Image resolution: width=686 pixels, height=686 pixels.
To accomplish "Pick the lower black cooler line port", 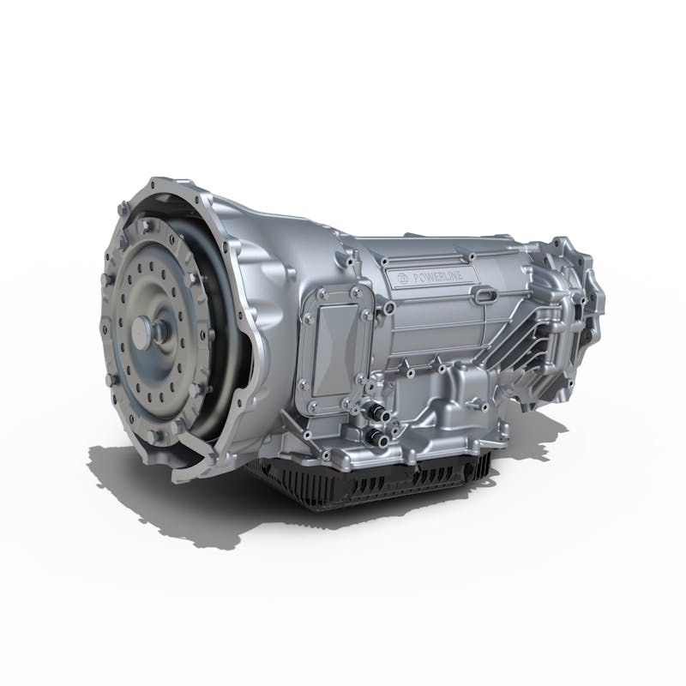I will click(376, 437).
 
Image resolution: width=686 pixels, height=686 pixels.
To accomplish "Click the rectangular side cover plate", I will click(337, 347).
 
